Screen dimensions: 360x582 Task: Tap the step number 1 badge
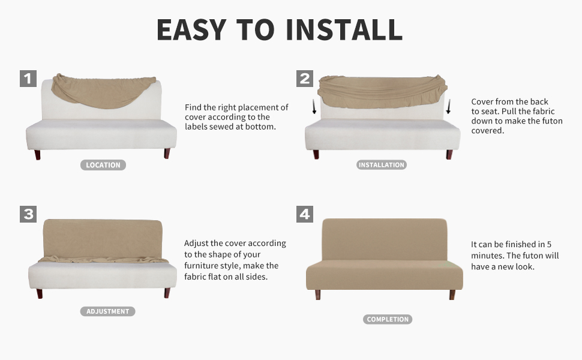[28, 78]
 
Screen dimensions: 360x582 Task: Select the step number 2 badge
[305, 78]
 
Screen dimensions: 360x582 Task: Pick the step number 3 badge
[28, 214]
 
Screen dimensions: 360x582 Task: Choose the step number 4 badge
[305, 214]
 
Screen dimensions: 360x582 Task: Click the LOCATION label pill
[103, 165]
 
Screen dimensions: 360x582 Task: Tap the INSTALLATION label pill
[382, 165]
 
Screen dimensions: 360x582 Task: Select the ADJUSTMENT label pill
[108, 311]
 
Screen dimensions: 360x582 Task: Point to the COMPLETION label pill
[388, 319]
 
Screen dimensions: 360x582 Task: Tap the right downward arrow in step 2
[448, 109]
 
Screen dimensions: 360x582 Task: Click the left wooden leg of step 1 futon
[38, 154]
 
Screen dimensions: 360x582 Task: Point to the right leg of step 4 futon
[452, 295]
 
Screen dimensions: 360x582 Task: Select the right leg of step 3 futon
[167, 293]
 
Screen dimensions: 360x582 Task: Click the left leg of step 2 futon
[316, 154]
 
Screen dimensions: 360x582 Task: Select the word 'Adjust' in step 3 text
[197, 244]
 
